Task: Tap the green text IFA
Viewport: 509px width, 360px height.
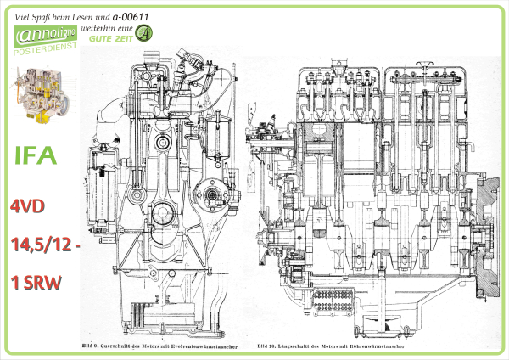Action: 36,156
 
